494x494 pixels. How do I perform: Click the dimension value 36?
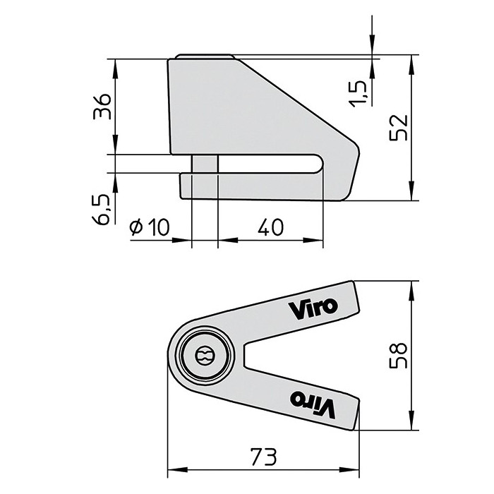coord(103,107)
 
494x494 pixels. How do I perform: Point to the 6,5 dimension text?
coord(102,210)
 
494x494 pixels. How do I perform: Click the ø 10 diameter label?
coord(150,227)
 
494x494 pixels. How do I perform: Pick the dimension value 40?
coord(270,227)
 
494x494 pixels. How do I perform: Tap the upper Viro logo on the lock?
coord(313,307)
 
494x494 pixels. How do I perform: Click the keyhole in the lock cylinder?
coord(203,356)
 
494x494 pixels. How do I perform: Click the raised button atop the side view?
coord(204,56)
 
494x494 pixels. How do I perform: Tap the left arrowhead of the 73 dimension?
coord(172,469)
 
